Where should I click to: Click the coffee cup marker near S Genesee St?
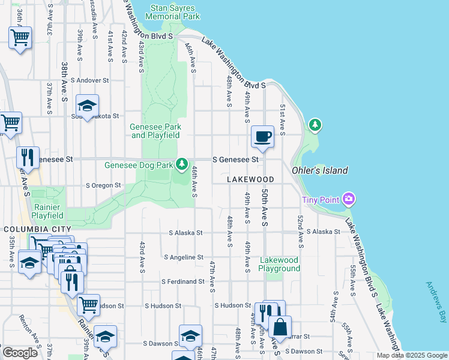click(x=262, y=137)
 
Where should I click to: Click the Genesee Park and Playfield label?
click(x=155, y=131)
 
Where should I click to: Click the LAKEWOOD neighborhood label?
click(x=250, y=179)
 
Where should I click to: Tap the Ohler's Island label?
click(x=319, y=170)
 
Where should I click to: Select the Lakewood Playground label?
click(x=279, y=264)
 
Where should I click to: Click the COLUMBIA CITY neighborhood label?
click(x=37, y=229)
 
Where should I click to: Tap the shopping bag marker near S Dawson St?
click(x=280, y=328)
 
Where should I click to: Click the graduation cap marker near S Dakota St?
click(x=88, y=106)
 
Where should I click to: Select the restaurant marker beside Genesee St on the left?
click(x=28, y=158)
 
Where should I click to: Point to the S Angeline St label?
click(x=184, y=257)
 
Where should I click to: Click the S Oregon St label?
click(x=104, y=185)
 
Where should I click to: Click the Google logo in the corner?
click(x=20, y=353)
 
